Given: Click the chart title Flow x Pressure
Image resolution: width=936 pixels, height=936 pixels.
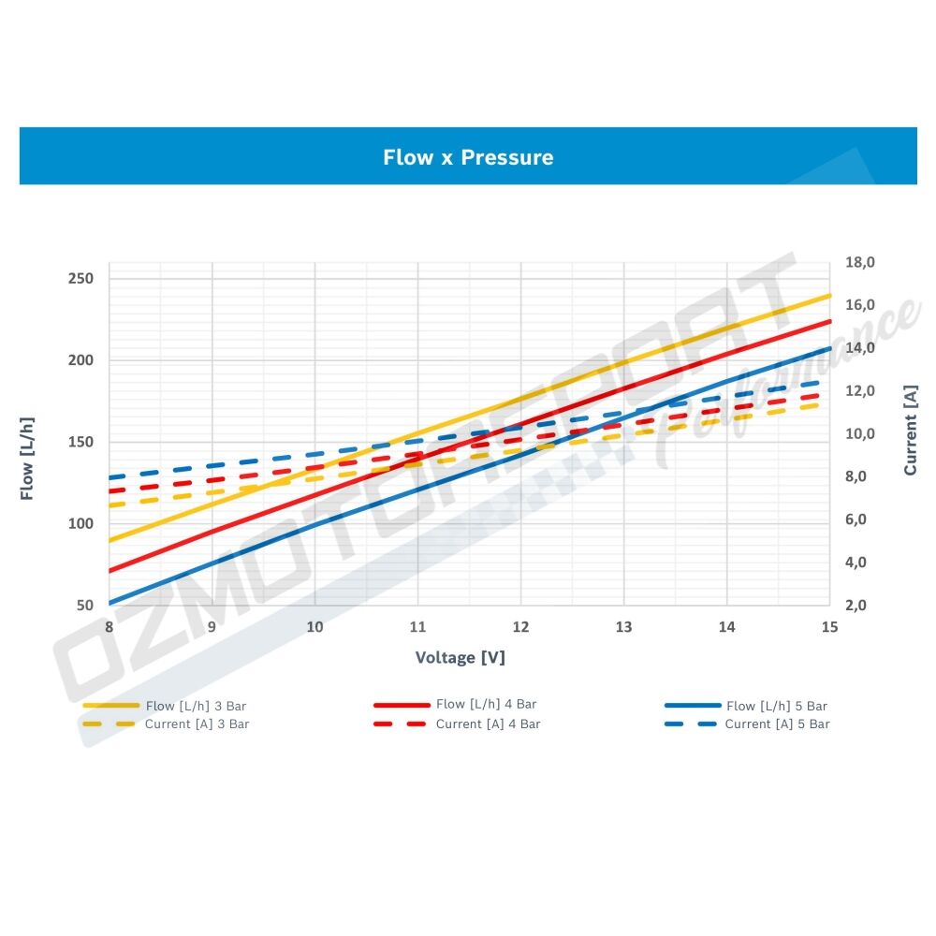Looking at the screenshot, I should pyautogui.click(x=468, y=157).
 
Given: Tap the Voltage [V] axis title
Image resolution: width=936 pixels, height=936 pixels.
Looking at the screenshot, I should pyautogui.click(x=460, y=657).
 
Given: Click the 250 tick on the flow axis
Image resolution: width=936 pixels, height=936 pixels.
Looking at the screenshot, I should pyautogui.click(x=80, y=279).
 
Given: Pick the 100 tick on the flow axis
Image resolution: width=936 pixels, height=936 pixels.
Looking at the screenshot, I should pyautogui.click(x=80, y=524).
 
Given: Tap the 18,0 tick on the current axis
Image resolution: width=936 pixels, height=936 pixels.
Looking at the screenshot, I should pyautogui.click(x=859, y=263).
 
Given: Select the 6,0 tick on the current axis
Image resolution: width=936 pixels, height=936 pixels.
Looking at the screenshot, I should pyautogui.click(x=859, y=520).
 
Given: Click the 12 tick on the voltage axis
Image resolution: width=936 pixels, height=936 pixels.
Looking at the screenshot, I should pyautogui.click(x=520, y=626).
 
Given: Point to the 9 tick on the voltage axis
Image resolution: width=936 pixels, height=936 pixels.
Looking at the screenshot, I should pyautogui.click(x=212, y=626).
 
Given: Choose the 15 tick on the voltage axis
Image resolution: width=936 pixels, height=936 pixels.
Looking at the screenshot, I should pyautogui.click(x=828, y=626).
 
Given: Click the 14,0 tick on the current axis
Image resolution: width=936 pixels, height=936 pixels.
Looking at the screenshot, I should pyautogui.click(x=859, y=348).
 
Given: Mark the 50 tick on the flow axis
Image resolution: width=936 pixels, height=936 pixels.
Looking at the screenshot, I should pyautogui.click(x=84, y=606).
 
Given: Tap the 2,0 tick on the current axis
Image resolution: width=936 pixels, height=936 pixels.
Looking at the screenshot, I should pyautogui.click(x=859, y=606).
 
